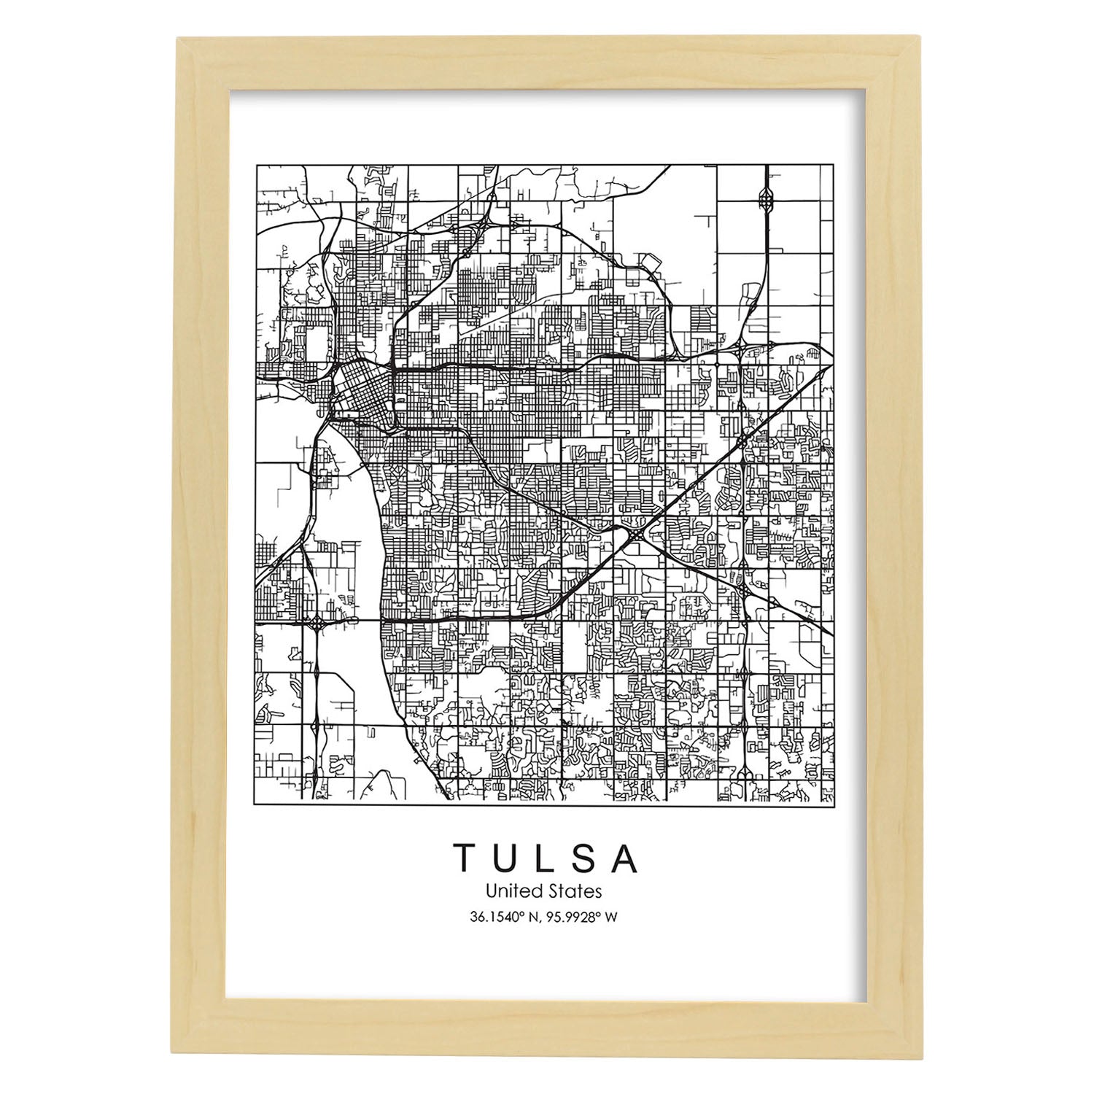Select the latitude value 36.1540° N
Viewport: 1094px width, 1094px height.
pyautogui.click(x=507, y=917)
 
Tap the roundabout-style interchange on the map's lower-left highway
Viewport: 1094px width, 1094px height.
pyautogui.click(x=318, y=624)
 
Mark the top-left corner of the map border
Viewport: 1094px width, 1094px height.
pyautogui.click(x=255, y=165)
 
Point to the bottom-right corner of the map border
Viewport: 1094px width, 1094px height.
pyautogui.click(x=833, y=804)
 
